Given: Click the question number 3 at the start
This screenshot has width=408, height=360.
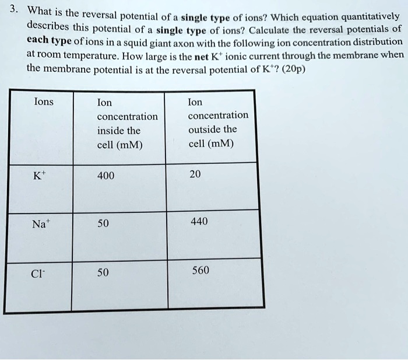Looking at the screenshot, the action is pyautogui.click(x=16, y=10).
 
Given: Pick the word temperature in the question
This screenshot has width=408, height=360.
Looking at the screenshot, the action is pyautogui.click(x=91, y=56).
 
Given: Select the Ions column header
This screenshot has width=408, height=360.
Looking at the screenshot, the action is pyautogui.click(x=44, y=103).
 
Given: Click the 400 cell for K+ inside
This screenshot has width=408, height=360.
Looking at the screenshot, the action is pyautogui.click(x=107, y=176).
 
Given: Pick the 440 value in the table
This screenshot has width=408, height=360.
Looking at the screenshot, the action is pyautogui.click(x=198, y=222).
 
